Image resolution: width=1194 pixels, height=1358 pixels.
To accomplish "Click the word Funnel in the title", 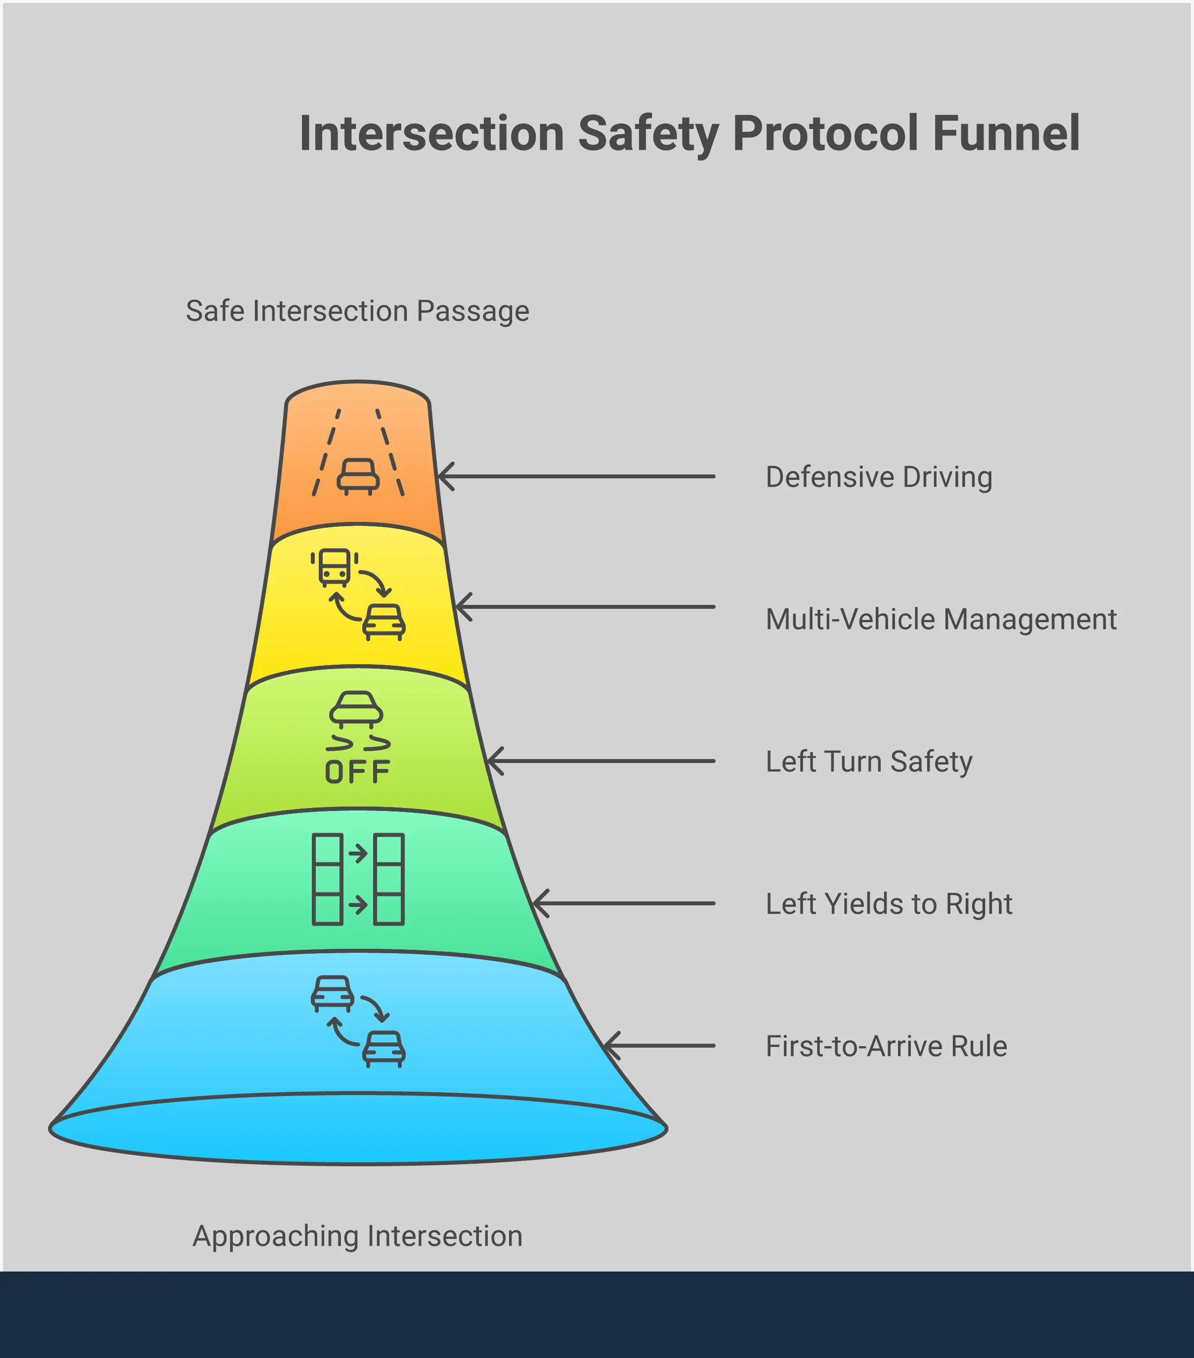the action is (x=1006, y=133).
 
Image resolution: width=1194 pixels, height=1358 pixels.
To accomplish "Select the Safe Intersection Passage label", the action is (x=357, y=311).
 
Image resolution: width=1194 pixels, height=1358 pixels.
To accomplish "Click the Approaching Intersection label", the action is (x=357, y=1236).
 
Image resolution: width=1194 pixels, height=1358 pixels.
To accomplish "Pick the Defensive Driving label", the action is (x=878, y=477).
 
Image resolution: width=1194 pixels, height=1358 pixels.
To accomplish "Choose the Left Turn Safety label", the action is (x=868, y=762).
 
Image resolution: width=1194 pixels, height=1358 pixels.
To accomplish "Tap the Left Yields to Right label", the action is (x=889, y=903).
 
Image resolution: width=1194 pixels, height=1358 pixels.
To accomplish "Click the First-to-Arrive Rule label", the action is (x=886, y=1046).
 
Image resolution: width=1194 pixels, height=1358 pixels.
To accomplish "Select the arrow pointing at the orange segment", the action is (x=575, y=476).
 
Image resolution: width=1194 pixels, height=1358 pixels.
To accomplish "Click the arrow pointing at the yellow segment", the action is (x=585, y=606).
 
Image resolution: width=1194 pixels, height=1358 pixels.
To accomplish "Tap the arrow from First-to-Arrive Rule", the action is (x=658, y=1045).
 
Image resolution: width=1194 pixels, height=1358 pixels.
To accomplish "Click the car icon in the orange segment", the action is (x=358, y=476).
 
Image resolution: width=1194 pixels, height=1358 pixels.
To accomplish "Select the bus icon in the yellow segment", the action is (x=334, y=567).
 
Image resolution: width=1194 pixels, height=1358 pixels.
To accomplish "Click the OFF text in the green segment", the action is (x=357, y=772).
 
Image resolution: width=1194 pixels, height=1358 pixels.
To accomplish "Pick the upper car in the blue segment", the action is (x=332, y=993).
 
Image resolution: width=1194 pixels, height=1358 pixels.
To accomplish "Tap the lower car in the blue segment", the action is (x=384, y=1048).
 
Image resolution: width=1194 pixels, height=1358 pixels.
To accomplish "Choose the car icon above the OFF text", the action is (x=356, y=708).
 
